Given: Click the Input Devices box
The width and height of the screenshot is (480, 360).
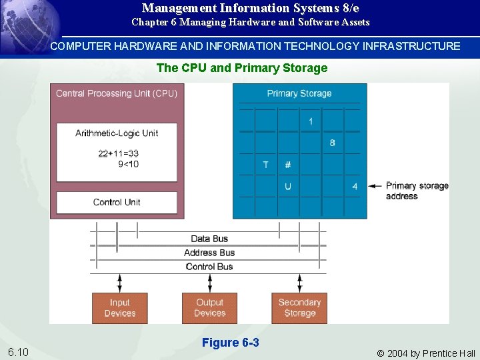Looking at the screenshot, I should [x=120, y=307].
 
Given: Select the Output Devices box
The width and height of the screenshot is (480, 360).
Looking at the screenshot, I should [x=209, y=307].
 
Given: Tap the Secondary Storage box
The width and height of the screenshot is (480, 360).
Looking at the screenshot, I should [x=299, y=307].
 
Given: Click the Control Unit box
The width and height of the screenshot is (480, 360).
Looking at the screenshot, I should [x=117, y=202].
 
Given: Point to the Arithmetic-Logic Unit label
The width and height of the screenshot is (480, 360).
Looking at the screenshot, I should [x=117, y=133].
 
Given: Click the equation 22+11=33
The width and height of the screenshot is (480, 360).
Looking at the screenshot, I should [x=119, y=153].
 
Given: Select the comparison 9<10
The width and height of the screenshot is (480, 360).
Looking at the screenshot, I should [x=128, y=164].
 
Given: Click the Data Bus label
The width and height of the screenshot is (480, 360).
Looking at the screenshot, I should [x=209, y=239].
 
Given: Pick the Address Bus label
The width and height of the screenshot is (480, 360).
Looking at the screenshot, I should [x=209, y=253].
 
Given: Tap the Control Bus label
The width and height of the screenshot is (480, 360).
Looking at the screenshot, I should [x=209, y=267].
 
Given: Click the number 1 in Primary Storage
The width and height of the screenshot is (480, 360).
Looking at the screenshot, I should [x=311, y=121].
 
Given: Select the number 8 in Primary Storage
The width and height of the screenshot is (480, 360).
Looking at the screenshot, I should [x=332, y=143].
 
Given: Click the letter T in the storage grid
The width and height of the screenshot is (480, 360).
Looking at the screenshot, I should [x=266, y=165].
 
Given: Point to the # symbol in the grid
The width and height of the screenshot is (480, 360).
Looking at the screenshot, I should [x=287, y=165].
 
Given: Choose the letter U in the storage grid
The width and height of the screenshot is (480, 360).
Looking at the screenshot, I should [x=288, y=187].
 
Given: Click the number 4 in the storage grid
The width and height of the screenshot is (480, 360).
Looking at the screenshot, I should [x=355, y=187].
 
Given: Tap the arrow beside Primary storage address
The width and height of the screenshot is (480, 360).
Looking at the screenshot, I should [x=375, y=186].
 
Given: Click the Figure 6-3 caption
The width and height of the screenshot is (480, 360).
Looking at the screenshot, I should [x=230, y=343].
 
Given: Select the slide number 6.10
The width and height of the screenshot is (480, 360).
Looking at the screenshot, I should [x=18, y=352].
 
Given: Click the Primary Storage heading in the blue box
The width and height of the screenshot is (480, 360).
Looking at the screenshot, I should [x=299, y=93].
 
